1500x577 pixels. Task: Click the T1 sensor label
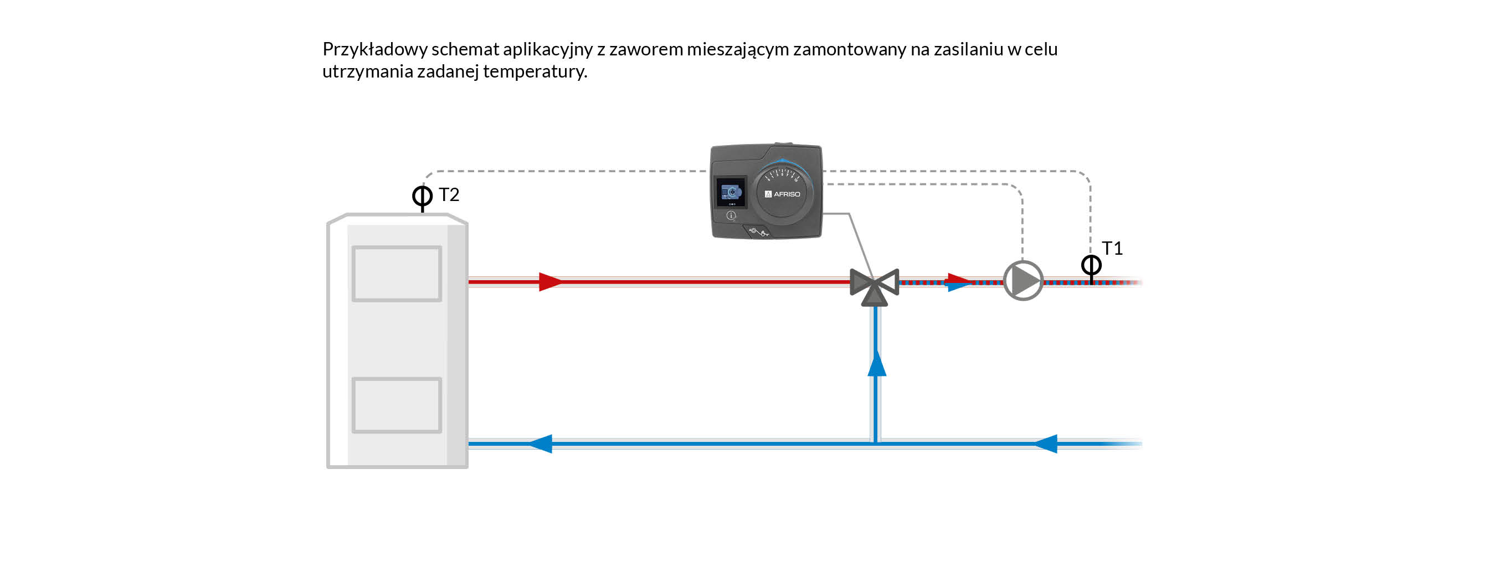coord(1112,249)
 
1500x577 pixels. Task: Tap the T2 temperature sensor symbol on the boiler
coord(422,196)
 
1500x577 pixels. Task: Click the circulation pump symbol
coord(1023,281)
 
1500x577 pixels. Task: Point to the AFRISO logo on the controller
coord(783,194)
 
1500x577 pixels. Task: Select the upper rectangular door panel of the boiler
coord(397,274)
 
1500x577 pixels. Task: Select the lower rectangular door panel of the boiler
coord(397,405)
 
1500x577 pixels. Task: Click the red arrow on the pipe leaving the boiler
coord(549,282)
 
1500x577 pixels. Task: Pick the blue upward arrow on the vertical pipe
coord(876,363)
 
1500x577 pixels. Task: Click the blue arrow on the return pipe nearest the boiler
coord(541,444)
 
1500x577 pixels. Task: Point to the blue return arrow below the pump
coord(1045,444)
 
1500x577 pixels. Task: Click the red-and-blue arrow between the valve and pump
coord(958,282)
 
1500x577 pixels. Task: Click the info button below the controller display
coord(731,215)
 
